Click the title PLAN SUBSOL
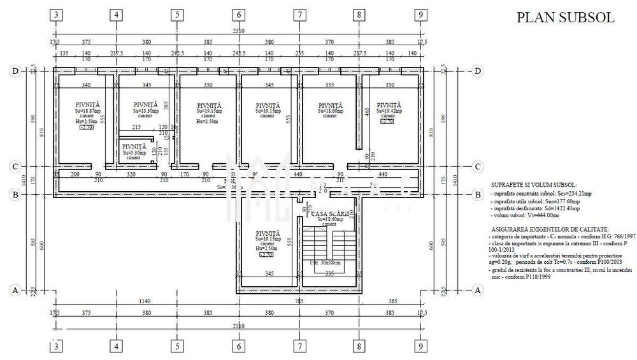point(565,18)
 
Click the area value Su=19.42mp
point(390,110)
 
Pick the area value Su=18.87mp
point(87,110)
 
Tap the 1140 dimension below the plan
point(147,301)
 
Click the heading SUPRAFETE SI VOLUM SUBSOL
point(534,184)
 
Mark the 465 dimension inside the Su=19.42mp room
point(367,111)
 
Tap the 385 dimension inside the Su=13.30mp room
point(165,104)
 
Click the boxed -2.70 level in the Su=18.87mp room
point(86,127)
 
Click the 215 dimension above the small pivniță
point(136,127)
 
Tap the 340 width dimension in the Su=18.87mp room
point(87,85)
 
